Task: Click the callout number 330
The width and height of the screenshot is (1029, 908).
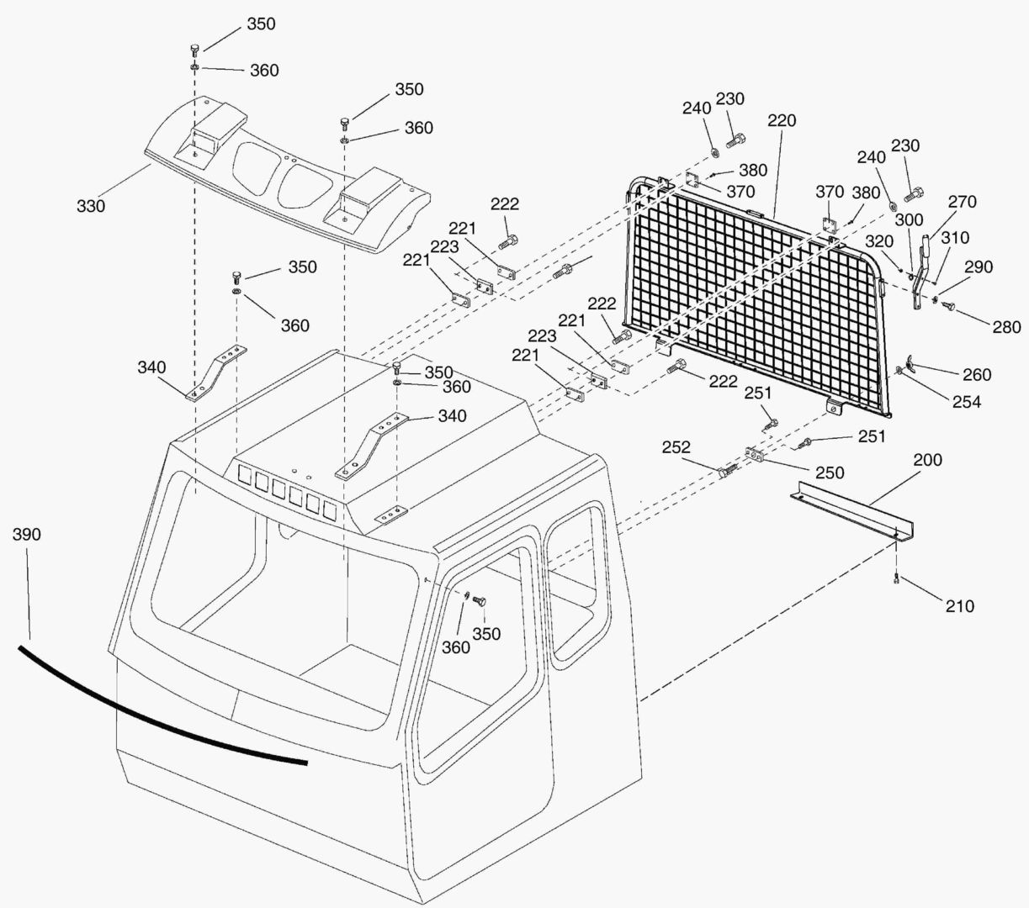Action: click(x=91, y=206)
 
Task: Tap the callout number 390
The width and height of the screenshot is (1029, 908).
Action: click(x=26, y=535)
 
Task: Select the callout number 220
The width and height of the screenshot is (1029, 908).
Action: click(x=782, y=121)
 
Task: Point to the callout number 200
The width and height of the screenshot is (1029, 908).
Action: click(x=927, y=460)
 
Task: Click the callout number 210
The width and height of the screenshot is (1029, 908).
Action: click(x=959, y=606)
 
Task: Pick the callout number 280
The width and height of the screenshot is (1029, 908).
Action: click(x=1006, y=327)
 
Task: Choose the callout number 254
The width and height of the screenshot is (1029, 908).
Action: click(x=967, y=402)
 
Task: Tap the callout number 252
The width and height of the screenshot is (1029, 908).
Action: click(x=676, y=447)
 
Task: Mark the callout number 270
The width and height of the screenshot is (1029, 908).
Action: click(x=962, y=202)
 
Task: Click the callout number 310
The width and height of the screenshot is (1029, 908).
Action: click(x=955, y=238)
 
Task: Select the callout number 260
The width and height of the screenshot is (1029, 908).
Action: click(x=977, y=375)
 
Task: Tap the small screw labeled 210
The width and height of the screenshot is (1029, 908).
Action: click(x=896, y=578)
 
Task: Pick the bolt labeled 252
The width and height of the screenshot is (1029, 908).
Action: click(x=728, y=471)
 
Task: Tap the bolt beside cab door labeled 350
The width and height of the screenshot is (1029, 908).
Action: click(x=480, y=601)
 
